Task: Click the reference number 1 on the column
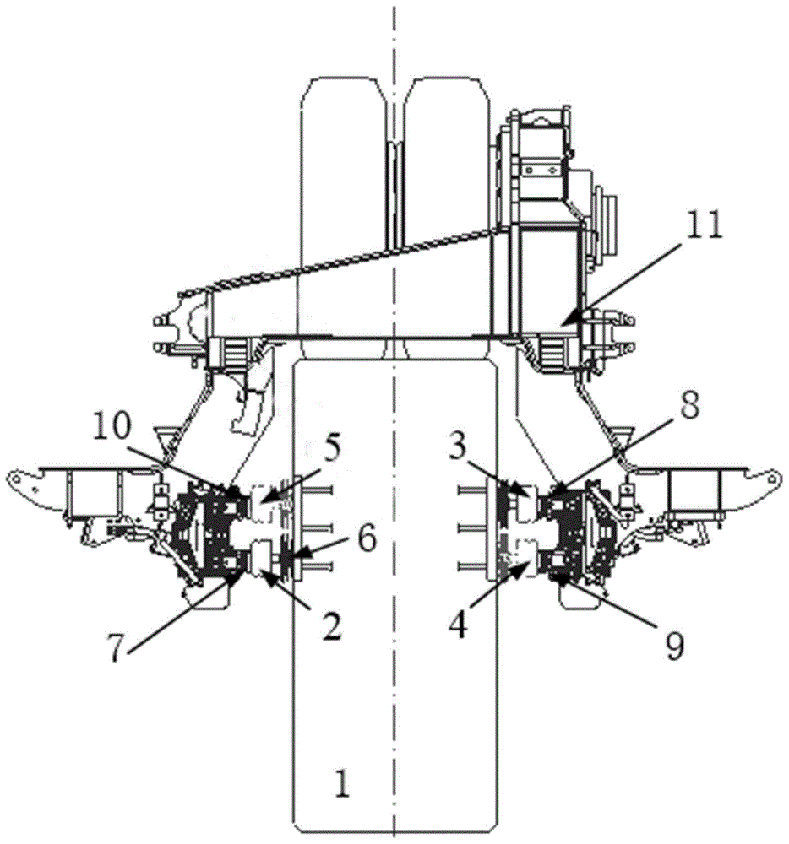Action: pyautogui.click(x=342, y=783)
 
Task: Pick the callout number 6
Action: pyautogui.click(x=367, y=538)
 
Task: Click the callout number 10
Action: pyautogui.click(x=112, y=427)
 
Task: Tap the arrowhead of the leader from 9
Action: pyautogui.click(x=553, y=577)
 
